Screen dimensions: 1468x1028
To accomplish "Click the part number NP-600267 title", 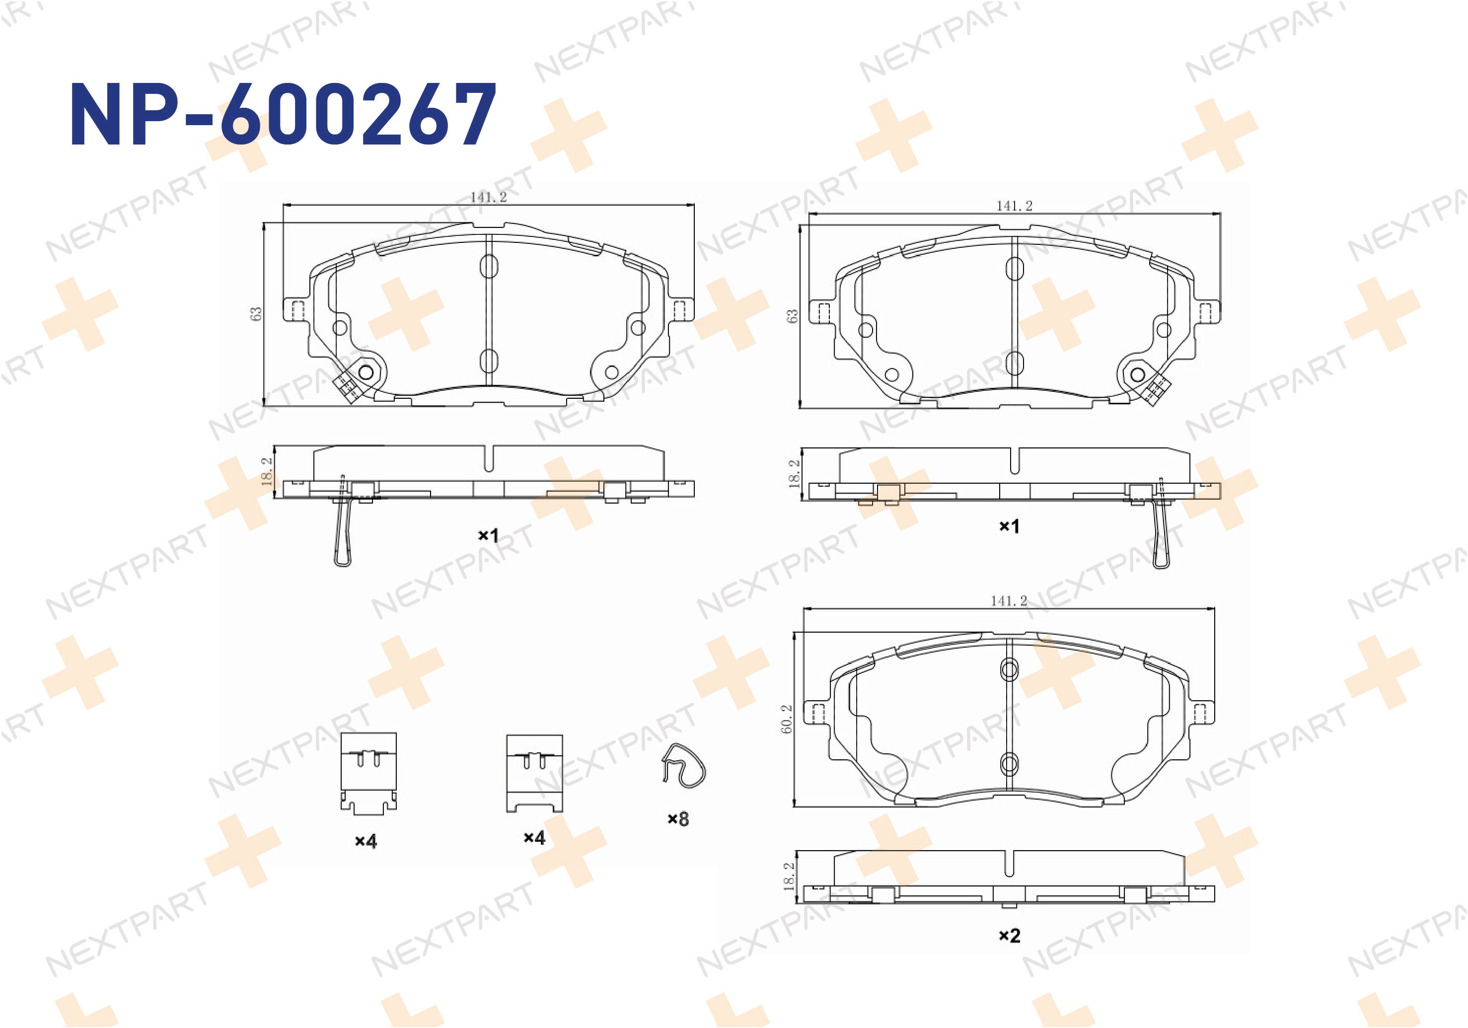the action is (x=283, y=114).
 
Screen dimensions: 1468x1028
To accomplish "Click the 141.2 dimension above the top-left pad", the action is (x=489, y=197).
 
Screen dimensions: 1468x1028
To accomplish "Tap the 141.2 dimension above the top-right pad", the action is (x=1014, y=206).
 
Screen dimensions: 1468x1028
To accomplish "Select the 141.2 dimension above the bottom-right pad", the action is (x=1009, y=600).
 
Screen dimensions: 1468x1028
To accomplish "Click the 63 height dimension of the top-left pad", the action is (x=256, y=314).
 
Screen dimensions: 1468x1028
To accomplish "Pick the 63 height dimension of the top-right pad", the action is (x=792, y=316).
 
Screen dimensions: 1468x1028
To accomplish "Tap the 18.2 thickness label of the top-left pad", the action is (x=267, y=471).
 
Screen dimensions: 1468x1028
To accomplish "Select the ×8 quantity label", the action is (x=678, y=819).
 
